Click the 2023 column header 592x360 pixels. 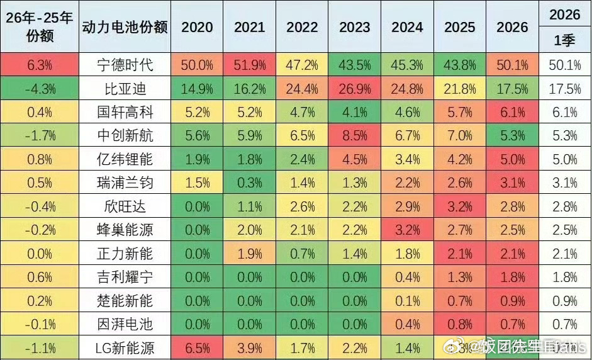pos(355,28)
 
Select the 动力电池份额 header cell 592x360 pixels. pos(125,28)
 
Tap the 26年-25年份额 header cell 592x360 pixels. pos(40,26)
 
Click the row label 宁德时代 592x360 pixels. pos(125,65)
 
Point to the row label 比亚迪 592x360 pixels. pos(125,89)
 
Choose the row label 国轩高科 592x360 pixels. pos(125,112)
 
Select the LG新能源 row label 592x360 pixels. pos(125,348)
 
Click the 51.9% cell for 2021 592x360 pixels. pos(250,65)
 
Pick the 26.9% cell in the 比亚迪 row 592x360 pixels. pos(355,89)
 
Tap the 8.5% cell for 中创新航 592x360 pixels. pos(355,136)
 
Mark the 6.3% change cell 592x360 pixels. pos(40,65)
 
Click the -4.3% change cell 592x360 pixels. pos(40,89)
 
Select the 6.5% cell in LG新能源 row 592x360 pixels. pos(197,348)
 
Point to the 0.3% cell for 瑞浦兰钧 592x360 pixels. pos(250,183)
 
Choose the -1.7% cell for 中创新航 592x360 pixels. pos(40,136)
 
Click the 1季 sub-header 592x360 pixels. pos(564,41)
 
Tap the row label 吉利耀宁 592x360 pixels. pos(125,278)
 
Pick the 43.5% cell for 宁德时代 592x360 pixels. pos(355,65)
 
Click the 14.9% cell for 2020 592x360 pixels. pos(197,89)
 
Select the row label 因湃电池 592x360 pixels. pos(125,325)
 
